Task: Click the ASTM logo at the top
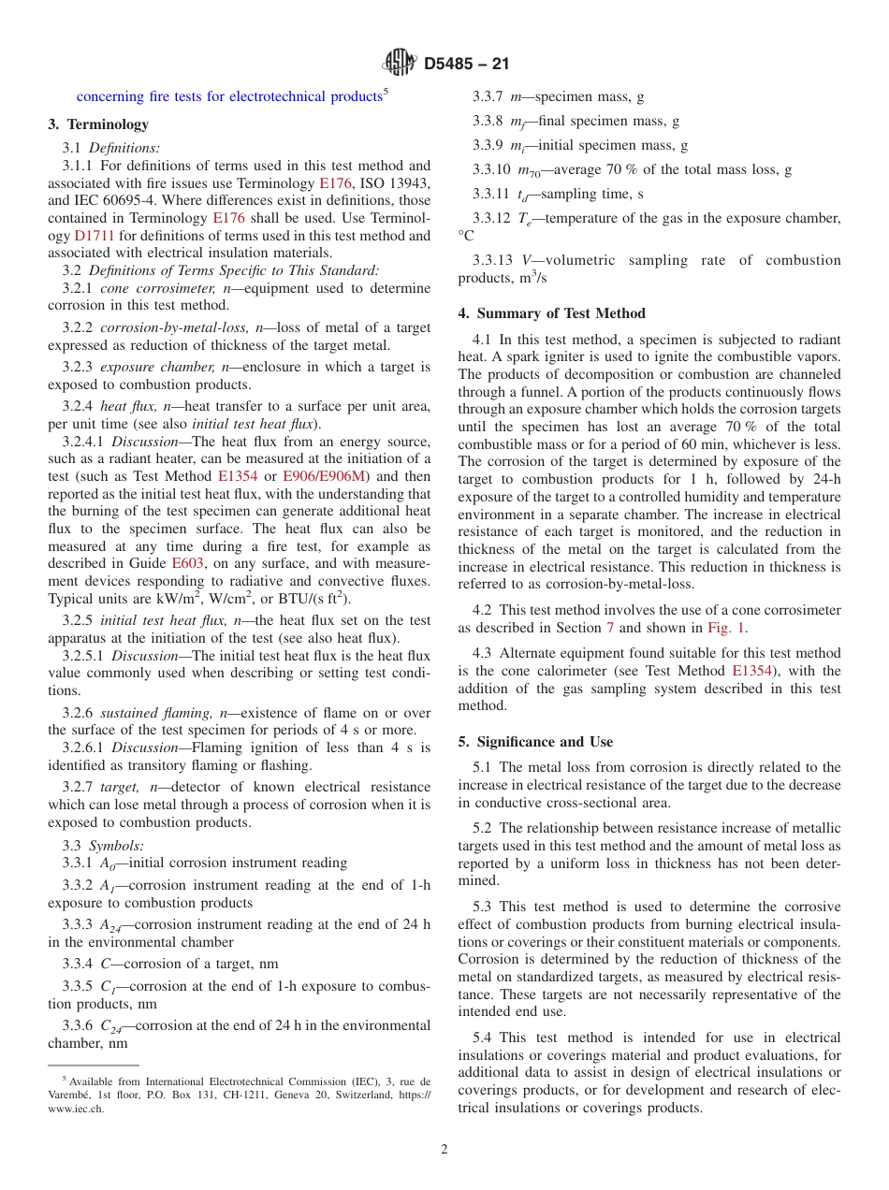tap(401, 64)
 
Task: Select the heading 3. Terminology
tap(98, 124)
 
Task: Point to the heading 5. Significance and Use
tap(535, 742)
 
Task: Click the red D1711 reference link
tap(94, 236)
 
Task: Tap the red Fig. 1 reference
tap(725, 628)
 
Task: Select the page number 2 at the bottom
tap(444, 1150)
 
